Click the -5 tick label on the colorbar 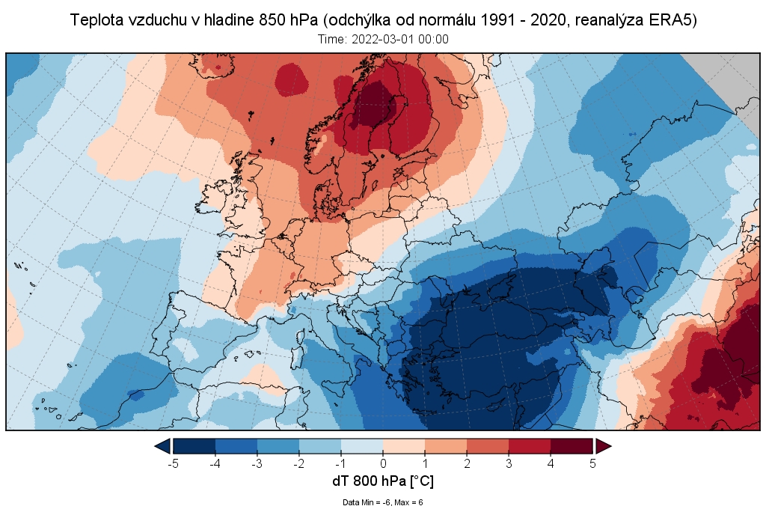173,463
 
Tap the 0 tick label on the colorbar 383,463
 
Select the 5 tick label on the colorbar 592,463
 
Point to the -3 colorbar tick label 257,463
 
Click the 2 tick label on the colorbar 467,463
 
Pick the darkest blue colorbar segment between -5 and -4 194,446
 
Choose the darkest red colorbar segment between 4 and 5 572,446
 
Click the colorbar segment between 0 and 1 404,446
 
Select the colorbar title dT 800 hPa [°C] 382,481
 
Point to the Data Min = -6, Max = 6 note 383,502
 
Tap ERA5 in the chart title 674,20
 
